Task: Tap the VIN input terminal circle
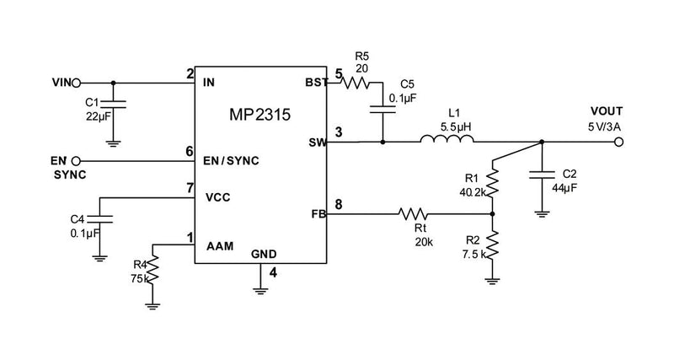(77, 83)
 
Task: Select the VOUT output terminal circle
(619, 142)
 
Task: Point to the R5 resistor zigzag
(359, 83)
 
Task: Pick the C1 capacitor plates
(115, 104)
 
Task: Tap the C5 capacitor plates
(383, 107)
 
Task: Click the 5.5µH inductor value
(455, 126)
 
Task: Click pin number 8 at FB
(339, 203)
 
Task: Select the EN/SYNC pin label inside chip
(231, 159)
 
